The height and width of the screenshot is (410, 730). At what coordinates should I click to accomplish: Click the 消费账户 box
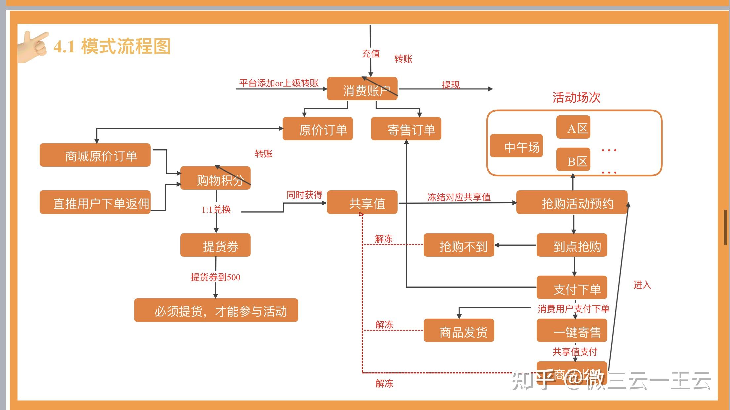pyautogui.click(x=362, y=89)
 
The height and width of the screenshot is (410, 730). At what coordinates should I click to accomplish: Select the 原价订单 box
pyautogui.click(x=318, y=129)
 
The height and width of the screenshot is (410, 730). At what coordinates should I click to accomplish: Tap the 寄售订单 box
pyautogui.click(x=406, y=129)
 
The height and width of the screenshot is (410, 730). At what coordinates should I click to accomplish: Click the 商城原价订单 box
pyautogui.click(x=95, y=155)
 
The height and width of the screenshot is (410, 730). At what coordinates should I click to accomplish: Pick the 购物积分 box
pyautogui.click(x=215, y=178)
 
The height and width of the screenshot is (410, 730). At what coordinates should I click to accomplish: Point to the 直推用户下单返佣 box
pyautogui.click(x=95, y=202)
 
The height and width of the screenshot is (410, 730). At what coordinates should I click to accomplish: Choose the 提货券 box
pyautogui.click(x=215, y=245)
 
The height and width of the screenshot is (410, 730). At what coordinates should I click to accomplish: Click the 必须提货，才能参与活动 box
pyautogui.click(x=216, y=310)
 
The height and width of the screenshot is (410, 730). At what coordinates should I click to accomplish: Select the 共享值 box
pyautogui.click(x=362, y=202)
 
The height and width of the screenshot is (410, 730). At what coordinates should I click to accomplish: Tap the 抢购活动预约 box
pyautogui.click(x=572, y=202)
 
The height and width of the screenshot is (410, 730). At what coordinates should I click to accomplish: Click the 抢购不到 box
pyautogui.click(x=459, y=245)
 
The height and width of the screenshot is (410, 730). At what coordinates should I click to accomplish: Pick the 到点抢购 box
pyautogui.click(x=572, y=245)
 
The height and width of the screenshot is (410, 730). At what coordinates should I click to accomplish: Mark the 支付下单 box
pyautogui.click(x=572, y=288)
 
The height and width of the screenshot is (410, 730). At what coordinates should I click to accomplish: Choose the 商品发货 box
pyautogui.click(x=459, y=330)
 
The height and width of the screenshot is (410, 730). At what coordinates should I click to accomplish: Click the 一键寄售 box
pyautogui.click(x=572, y=330)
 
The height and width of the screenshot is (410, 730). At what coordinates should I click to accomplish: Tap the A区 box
pyautogui.click(x=573, y=127)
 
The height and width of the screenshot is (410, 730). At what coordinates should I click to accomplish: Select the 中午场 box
pyautogui.click(x=516, y=146)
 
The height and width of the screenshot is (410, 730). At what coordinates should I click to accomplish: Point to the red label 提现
pyautogui.click(x=451, y=85)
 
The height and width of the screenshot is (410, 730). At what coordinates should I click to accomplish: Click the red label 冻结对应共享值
pyautogui.click(x=459, y=197)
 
